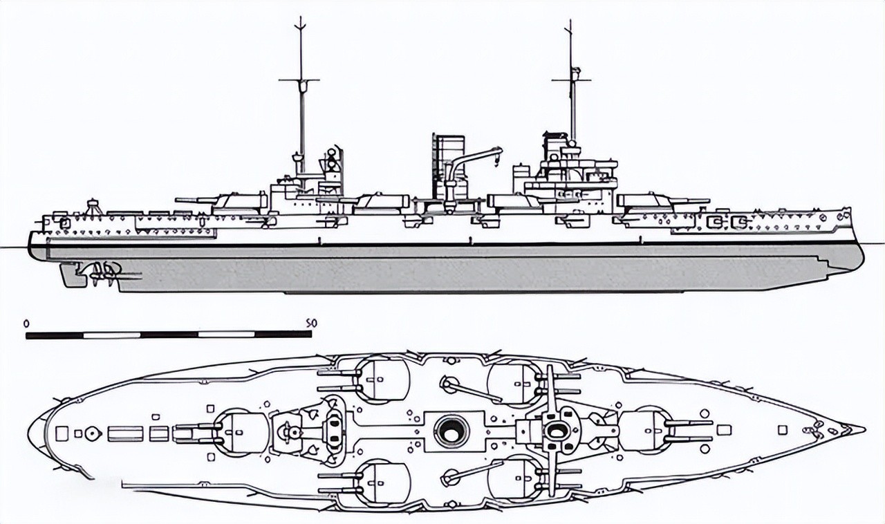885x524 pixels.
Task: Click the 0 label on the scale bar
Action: [26, 323]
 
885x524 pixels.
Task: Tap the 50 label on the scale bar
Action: [310, 323]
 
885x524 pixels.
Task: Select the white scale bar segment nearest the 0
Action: [112, 335]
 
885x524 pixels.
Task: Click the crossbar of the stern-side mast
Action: [299, 80]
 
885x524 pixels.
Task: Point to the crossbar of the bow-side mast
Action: [571, 79]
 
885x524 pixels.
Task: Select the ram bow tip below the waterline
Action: [858, 263]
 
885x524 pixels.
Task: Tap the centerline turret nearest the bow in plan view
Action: [644, 429]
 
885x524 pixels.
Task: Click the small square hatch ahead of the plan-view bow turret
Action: [724, 430]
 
